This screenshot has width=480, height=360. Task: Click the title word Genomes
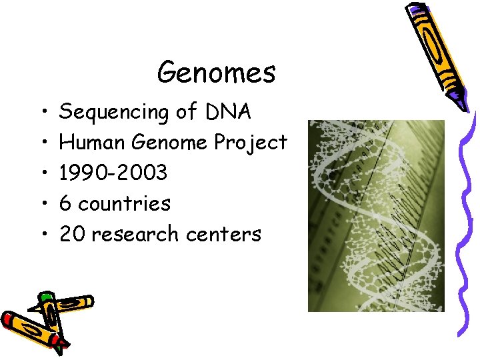pos(216,73)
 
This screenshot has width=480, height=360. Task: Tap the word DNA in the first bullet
pos(228,111)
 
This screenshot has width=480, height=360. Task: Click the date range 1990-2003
pos(113,173)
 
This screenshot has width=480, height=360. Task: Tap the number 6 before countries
pos(65,203)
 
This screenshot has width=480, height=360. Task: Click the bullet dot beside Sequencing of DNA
pos(42,112)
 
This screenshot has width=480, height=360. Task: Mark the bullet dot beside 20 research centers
pos(42,234)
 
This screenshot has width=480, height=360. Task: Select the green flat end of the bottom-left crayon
pos(45,297)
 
